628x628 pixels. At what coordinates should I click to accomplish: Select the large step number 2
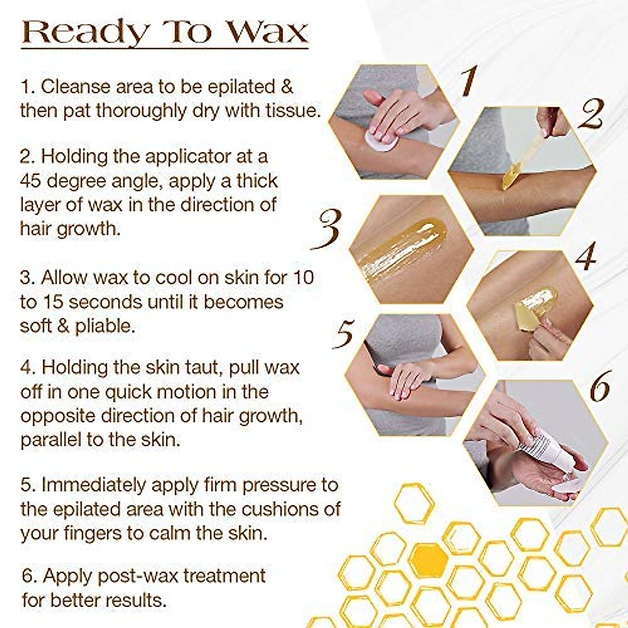[591, 115]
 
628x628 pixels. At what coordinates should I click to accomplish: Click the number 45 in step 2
[31, 181]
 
